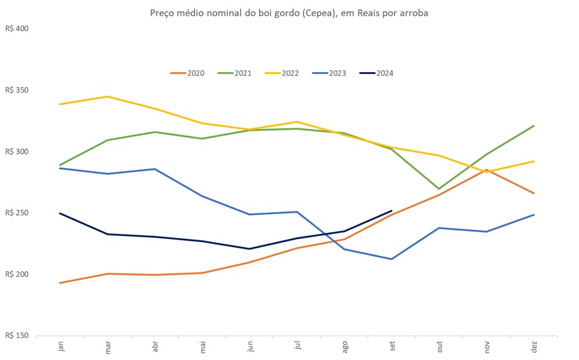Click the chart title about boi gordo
289,13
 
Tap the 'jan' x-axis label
60,347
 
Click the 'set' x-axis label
392,347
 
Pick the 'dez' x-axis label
534,347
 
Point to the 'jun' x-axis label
250,347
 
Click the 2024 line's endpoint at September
392,211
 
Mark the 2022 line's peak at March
107,97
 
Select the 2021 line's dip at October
440,189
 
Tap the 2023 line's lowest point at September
392,259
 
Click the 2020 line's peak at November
487,170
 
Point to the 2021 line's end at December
534,126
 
